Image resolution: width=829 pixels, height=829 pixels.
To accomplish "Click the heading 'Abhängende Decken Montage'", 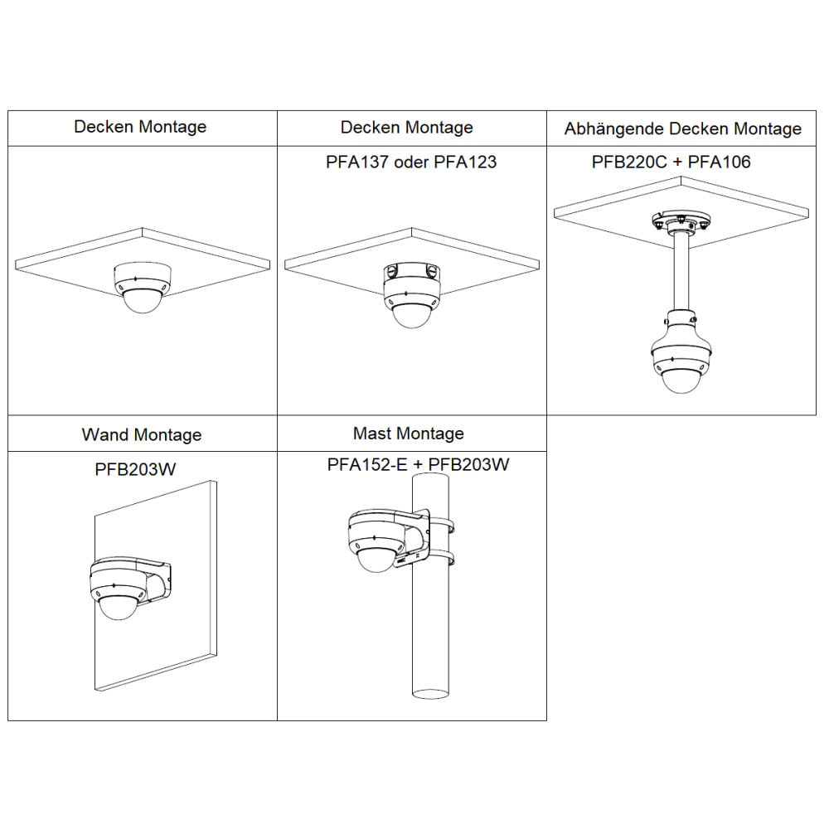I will click(682, 129).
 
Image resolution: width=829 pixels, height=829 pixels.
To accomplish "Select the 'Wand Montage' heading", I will click(142, 434).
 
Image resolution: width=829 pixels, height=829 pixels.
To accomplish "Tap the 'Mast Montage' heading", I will click(408, 434).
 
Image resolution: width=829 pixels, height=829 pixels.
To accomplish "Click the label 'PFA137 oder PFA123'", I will click(411, 162).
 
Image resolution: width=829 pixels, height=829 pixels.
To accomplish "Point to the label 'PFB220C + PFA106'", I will click(671, 162).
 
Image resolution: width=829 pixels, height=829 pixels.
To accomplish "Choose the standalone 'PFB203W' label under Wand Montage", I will click(135, 470).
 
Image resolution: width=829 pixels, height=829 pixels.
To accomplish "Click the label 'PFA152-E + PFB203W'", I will click(418, 465).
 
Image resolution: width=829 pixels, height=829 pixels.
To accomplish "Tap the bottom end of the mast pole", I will click(429, 695).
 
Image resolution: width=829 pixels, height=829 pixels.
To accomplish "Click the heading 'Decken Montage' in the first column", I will click(140, 127).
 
